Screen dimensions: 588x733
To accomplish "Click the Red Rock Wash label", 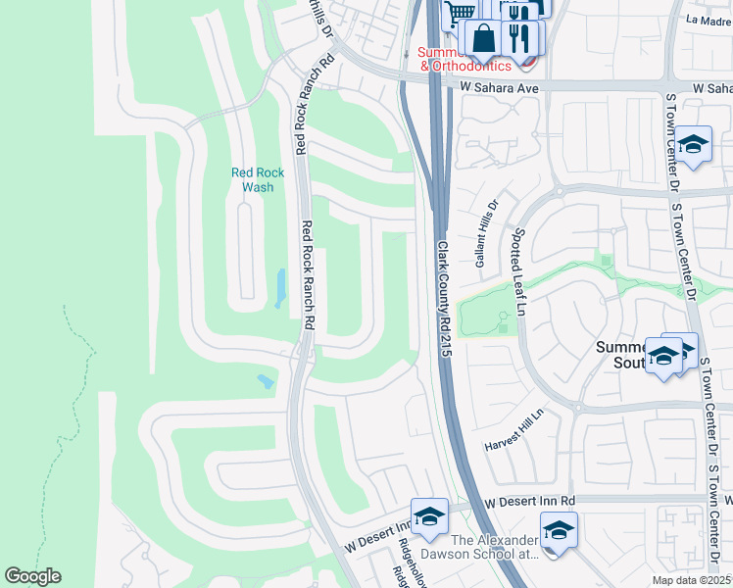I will coord(258,179).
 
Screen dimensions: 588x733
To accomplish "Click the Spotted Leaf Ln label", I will coord(519,273).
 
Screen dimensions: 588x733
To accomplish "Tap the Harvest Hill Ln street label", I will coord(513,432).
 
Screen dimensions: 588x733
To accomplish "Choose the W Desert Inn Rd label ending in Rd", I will coord(528,501).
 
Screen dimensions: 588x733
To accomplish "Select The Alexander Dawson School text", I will coord(495,547).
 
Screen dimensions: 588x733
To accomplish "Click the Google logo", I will coord(32,576).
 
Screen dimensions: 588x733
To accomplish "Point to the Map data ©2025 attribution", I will coord(692,580).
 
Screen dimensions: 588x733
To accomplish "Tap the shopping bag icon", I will coord(483,40).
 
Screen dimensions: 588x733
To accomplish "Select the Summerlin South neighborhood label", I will coord(620,356).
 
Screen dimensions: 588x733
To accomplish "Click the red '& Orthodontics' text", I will coord(465,66).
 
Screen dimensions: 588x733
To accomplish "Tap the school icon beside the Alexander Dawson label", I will coord(559,530).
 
